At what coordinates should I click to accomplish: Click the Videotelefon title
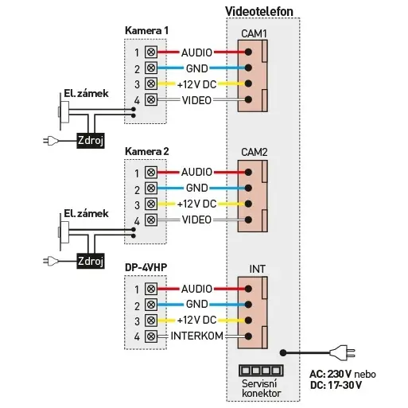[259, 11]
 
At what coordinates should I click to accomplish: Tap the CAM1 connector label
[254, 33]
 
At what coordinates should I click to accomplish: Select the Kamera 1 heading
[146, 30]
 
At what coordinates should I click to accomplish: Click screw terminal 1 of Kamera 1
[151, 52]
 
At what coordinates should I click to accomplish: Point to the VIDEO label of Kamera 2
[196, 220]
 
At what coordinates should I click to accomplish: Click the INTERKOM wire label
[196, 336]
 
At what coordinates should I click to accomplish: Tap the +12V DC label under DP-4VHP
[196, 321]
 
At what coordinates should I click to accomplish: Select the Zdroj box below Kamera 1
[91, 140]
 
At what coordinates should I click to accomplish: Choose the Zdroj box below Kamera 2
[91, 261]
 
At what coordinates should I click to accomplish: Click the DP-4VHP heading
[146, 267]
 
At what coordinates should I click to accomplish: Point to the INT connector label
[257, 269]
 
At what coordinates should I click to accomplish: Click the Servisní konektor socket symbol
[261, 371]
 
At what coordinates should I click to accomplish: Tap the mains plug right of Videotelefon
[342, 353]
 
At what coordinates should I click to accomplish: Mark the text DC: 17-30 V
[336, 385]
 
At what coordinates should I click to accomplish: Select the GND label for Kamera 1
[196, 68]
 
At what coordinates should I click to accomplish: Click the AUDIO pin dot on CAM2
[248, 173]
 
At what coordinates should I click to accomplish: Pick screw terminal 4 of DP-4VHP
[151, 336]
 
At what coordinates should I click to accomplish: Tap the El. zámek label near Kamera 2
[86, 213]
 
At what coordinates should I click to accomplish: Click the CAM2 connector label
[254, 152]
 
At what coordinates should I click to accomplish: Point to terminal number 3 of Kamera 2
[137, 205]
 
